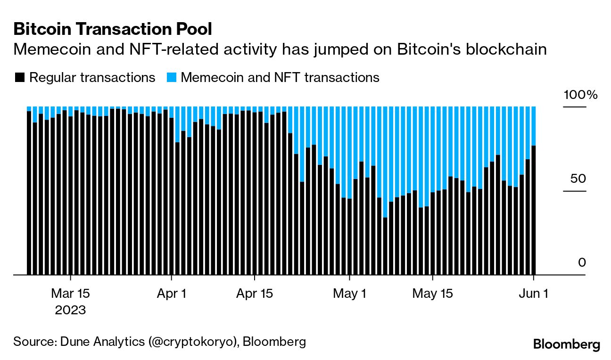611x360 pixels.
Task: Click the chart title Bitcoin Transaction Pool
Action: (113, 29)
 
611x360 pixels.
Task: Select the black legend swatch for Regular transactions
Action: (19, 77)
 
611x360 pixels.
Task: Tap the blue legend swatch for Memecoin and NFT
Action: (172, 77)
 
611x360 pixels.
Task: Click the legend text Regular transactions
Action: (92, 77)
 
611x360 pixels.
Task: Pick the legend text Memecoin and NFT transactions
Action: (280, 77)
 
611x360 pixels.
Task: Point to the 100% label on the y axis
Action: (580, 95)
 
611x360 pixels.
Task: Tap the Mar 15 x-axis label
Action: (70, 294)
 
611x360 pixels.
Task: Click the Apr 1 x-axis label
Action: (171, 294)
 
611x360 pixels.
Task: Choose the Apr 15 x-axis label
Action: (254, 294)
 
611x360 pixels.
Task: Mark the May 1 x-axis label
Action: (349, 294)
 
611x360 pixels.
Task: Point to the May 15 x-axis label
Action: (432, 294)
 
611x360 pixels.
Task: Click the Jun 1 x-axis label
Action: (533, 294)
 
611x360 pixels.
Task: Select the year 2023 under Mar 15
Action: (70, 311)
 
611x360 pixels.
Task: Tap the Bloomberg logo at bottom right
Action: (567, 344)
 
